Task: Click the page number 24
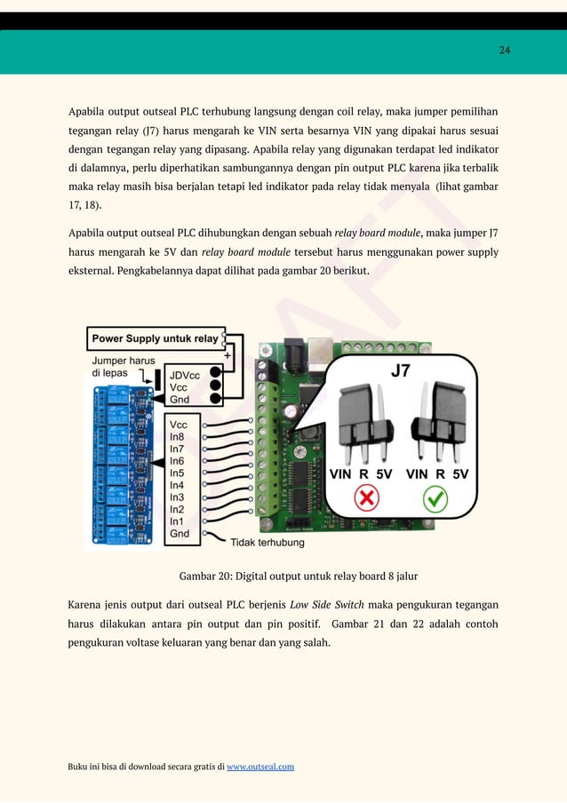[504, 50]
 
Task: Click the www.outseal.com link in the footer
[260, 767]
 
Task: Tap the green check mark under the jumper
[435, 500]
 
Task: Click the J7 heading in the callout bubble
[402, 371]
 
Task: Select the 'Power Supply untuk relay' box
[156, 338]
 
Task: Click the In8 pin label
[178, 437]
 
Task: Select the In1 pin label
[178, 521]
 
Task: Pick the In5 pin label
[178, 473]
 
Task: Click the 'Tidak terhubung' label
[267, 542]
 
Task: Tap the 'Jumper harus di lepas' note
[124, 367]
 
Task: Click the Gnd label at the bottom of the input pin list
[180, 534]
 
